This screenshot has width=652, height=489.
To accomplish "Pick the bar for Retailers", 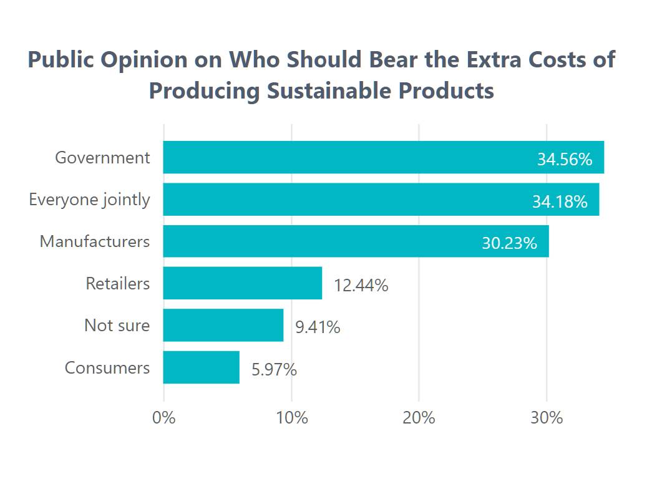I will [x=243, y=283].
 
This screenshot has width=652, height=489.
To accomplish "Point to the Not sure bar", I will [x=223, y=325].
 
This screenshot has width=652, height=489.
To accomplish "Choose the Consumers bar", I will [x=201, y=367].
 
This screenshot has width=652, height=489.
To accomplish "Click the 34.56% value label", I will [x=564, y=160].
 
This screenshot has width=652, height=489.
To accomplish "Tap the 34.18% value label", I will [x=560, y=202].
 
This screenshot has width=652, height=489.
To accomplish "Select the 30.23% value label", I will [x=509, y=243].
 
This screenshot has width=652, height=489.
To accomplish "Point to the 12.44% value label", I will [x=361, y=286].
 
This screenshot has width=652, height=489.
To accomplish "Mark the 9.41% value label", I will [x=318, y=327].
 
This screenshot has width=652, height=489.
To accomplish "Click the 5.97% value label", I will [x=274, y=369].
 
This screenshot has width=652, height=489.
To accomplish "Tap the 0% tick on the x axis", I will [x=164, y=417].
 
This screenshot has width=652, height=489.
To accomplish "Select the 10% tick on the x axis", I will [x=291, y=417].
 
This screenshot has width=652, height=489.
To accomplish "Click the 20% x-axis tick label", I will [x=419, y=417].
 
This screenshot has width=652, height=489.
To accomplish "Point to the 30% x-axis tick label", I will [x=547, y=417].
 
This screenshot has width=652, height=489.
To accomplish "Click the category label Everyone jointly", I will [x=89, y=200].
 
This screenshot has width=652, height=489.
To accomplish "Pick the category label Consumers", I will [x=107, y=367].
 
